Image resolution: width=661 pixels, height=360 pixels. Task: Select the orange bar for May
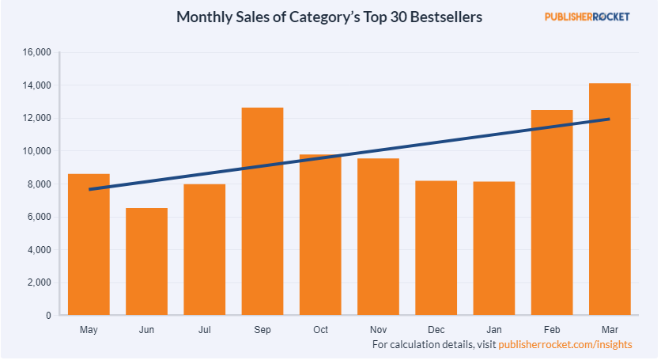pyautogui.click(x=89, y=244)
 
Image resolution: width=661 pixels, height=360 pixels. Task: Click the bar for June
pyautogui.click(x=146, y=262)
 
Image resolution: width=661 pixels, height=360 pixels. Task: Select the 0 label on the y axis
pyautogui.click(x=48, y=316)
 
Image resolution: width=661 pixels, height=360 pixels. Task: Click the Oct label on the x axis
pyautogui.click(x=320, y=329)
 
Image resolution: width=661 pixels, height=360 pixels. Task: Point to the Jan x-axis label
pyautogui.click(x=494, y=329)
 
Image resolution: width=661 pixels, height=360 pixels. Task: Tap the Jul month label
pyautogui.click(x=204, y=329)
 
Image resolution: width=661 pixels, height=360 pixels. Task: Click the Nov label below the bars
pyautogui.click(x=378, y=329)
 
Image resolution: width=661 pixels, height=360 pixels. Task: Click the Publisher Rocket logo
pyautogui.click(x=587, y=17)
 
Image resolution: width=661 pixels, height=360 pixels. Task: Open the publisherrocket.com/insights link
pyautogui.click(x=565, y=345)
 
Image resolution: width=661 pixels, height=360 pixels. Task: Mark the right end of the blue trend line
pyautogui.click(x=609, y=119)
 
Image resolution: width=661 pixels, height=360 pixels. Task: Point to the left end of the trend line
pyautogui.click(x=90, y=190)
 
